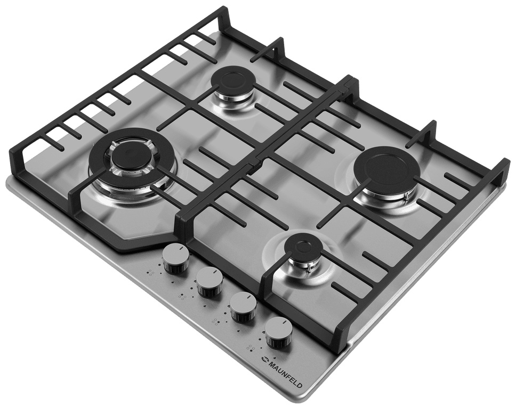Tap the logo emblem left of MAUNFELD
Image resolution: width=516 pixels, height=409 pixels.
click(x=263, y=359)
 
